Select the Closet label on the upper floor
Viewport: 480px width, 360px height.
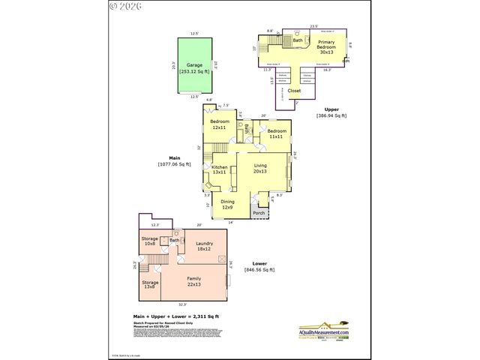tap(294, 90)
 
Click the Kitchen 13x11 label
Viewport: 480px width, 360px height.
tap(220, 170)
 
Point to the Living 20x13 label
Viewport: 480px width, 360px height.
tap(260, 168)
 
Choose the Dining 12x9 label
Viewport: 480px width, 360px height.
tap(227, 204)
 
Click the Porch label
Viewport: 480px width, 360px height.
tap(258, 213)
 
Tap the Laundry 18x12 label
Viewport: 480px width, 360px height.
tap(205, 247)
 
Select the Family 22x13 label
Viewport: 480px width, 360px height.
tap(193, 280)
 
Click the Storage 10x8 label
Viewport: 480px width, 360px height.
tap(149, 241)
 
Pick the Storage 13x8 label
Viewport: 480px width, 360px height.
tap(149, 284)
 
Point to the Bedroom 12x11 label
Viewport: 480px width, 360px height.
tap(219, 124)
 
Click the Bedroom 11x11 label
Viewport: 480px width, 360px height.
tap(276, 133)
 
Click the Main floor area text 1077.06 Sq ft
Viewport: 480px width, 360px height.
tap(174, 164)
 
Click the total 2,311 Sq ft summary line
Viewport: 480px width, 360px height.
tap(170, 318)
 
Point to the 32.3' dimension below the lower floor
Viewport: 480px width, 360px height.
tap(182, 304)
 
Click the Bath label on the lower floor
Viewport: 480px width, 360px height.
tap(174, 241)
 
